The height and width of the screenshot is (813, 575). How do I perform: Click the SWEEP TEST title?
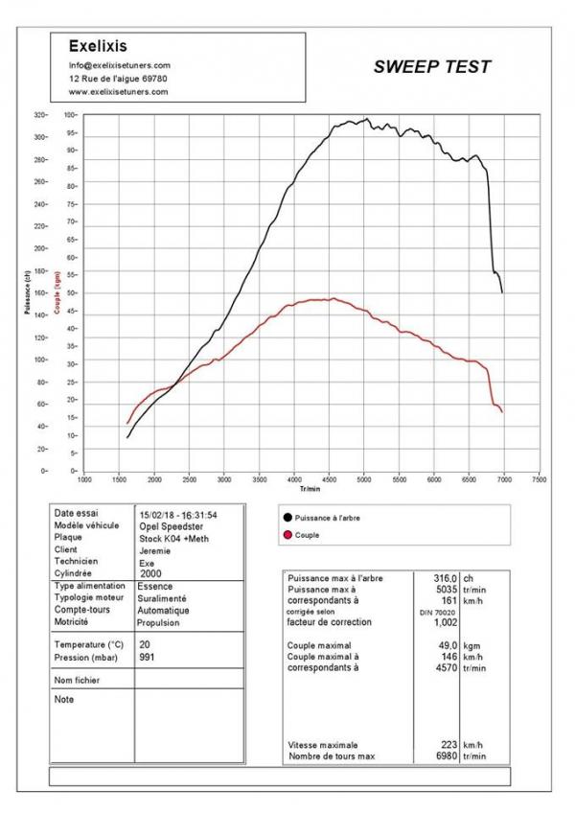pos(431,67)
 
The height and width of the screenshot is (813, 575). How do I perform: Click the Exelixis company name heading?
pos(98,45)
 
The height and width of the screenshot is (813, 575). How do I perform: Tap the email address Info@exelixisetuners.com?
pos(119,64)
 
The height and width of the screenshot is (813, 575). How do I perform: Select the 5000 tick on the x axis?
pos(364,479)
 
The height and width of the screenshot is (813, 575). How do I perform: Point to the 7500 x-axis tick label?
pos(539,479)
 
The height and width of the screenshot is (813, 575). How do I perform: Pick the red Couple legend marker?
pos(287,535)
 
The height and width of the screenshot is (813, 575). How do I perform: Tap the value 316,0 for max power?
pos(442,578)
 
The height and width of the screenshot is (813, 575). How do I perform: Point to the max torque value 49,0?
pos(447,645)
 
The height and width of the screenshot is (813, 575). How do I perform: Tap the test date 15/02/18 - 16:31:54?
pos(178,515)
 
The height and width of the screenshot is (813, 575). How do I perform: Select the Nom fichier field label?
pos(78,680)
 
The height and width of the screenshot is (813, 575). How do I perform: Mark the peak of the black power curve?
pos(365,120)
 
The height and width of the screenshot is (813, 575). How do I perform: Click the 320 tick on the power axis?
pos(66,115)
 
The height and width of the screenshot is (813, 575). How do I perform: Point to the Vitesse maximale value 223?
pos(448,745)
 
